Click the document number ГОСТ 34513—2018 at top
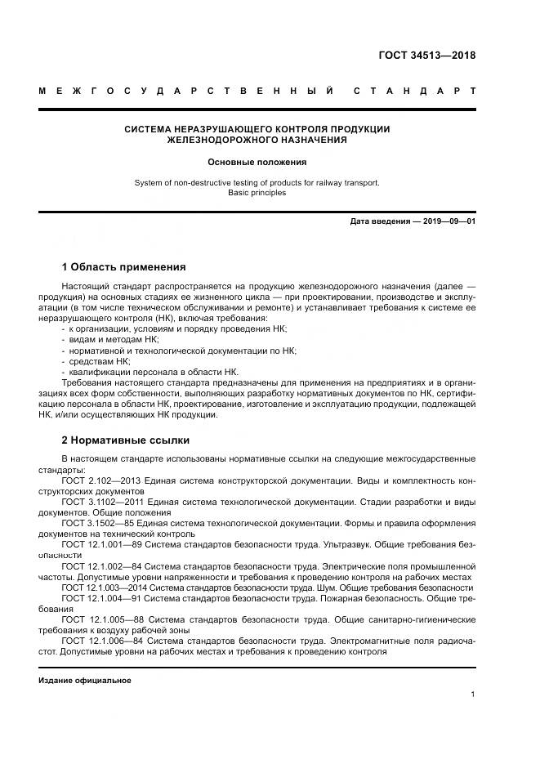(x=426, y=56)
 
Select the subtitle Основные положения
(x=257, y=162)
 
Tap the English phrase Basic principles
(x=257, y=193)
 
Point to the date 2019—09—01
(x=449, y=221)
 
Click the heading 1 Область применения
(x=123, y=266)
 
